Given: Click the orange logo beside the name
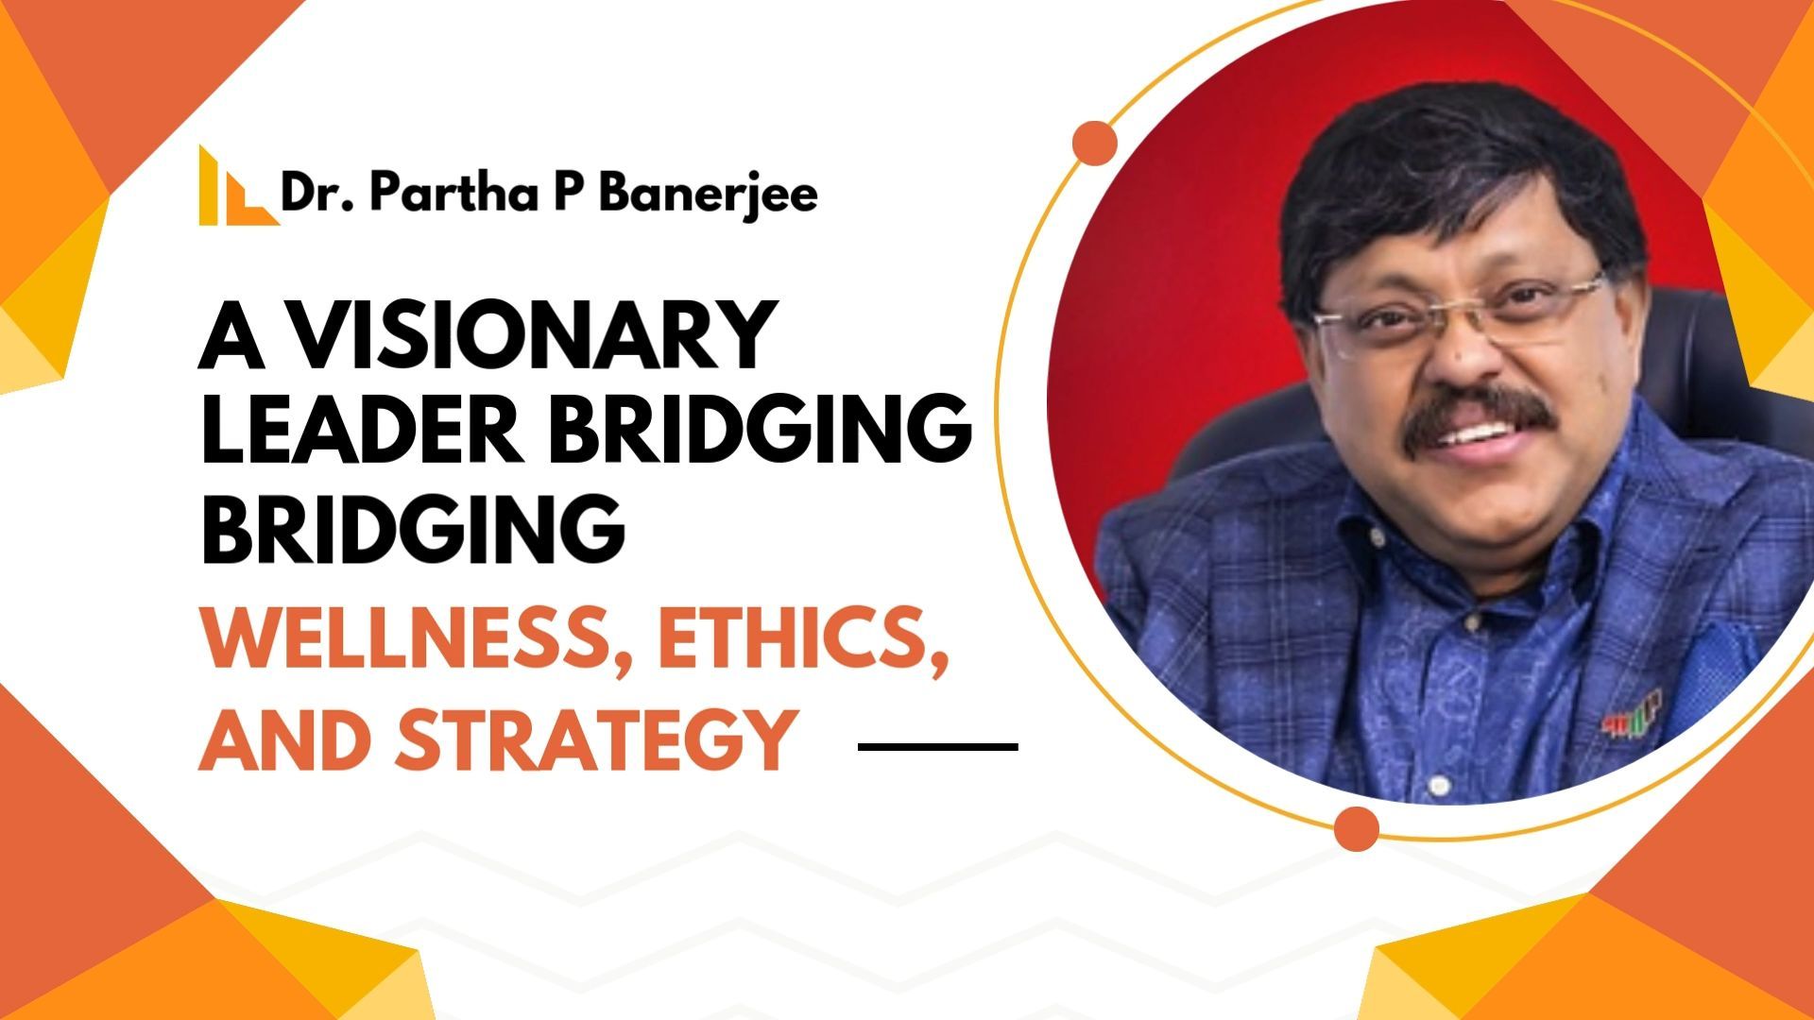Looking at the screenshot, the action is click(238, 185).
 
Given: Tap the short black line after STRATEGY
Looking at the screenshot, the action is click(938, 746).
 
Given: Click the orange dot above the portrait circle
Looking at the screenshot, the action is click(1095, 143).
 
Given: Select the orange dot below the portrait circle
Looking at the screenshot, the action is click(1357, 828).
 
